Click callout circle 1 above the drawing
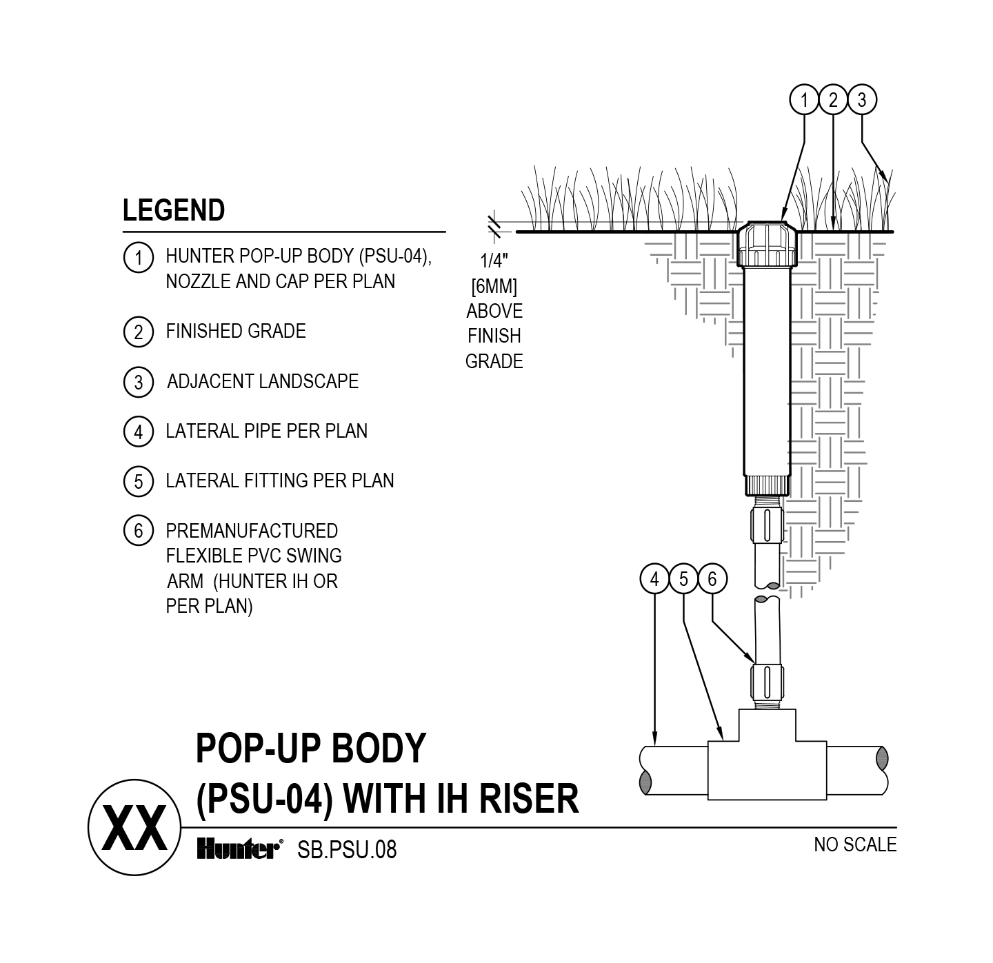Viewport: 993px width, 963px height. [804, 101]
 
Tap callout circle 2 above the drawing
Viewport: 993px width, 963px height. [833, 101]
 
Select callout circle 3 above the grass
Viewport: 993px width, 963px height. [861, 101]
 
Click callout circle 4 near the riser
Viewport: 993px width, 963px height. [654, 579]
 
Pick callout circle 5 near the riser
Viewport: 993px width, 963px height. [683, 579]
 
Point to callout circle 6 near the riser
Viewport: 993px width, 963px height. [712, 579]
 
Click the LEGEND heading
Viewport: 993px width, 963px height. [174, 210]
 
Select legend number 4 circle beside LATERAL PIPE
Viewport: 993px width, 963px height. [138, 432]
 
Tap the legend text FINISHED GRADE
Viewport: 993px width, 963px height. [236, 332]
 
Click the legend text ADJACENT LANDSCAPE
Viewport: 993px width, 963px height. [263, 382]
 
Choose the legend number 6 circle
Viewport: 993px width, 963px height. [138, 531]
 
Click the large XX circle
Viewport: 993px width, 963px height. [134, 827]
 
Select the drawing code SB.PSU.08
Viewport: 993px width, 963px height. [347, 850]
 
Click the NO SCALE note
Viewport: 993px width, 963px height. [855, 844]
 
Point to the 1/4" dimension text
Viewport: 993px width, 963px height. [494, 261]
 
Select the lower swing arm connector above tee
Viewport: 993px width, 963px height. [768, 682]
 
